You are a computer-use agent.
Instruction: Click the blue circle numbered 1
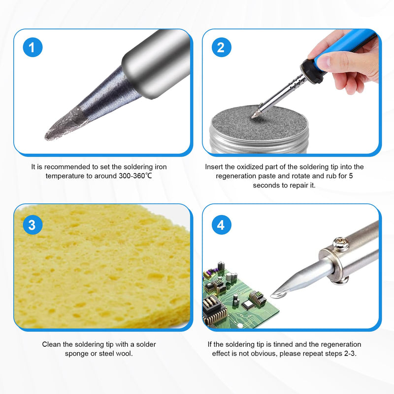33,47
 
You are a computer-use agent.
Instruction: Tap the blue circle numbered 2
221,47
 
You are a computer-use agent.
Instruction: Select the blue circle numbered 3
33,225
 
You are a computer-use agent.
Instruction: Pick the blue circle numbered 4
221,225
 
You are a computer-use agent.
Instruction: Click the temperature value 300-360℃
135,176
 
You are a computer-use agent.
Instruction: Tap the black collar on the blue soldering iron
313,71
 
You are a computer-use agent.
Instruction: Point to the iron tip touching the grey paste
255,115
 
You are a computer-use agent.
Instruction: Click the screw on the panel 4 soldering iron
341,243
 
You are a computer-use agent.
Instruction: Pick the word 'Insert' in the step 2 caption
214,167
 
